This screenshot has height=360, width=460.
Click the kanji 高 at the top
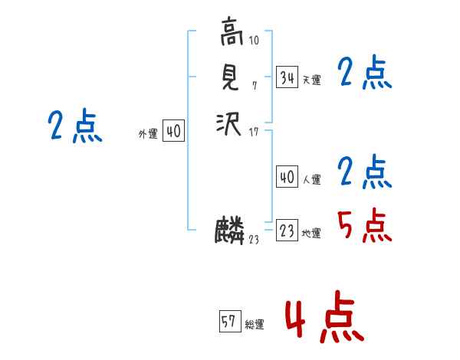click(230, 33)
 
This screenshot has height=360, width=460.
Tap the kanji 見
click(230, 77)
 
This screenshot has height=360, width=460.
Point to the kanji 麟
click(230, 231)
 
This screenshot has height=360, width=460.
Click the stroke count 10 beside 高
click(254, 40)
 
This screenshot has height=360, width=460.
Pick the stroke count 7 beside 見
click(254, 84)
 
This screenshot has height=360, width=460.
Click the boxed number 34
click(287, 77)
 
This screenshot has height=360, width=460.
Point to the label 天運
click(312, 80)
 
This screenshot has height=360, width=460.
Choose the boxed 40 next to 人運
click(287, 177)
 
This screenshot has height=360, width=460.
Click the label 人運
click(312, 179)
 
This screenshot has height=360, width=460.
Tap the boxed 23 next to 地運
click(287, 231)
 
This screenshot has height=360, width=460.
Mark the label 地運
click(312, 233)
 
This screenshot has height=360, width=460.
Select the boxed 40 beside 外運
click(173, 132)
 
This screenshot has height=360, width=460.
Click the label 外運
click(148, 134)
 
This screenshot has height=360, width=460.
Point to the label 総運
click(255, 324)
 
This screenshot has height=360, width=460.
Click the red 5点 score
click(365, 226)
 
